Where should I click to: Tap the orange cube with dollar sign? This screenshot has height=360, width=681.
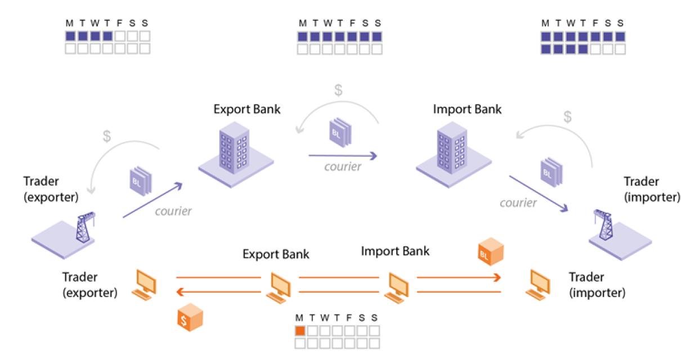(188, 319)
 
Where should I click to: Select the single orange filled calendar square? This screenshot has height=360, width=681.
(299, 331)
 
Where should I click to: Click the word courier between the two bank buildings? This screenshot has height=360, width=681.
(342, 168)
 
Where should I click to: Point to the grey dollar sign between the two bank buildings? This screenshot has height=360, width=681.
(338, 91)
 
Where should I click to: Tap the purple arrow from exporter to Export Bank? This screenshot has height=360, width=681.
(153, 200)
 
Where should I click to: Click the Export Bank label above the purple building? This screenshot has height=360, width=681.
(247, 109)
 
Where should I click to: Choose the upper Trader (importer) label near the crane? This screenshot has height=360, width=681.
(652, 190)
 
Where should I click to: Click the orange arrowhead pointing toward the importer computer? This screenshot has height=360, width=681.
(497, 277)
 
